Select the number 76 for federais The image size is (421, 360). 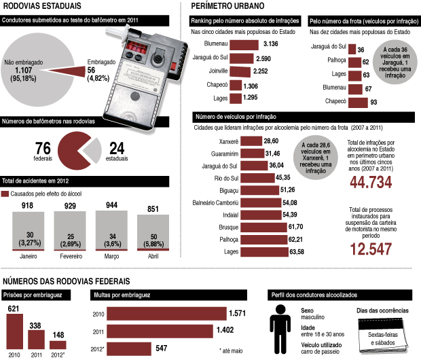[43, 149]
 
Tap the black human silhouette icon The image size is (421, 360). [280, 327]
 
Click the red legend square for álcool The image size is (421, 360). [5, 194]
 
